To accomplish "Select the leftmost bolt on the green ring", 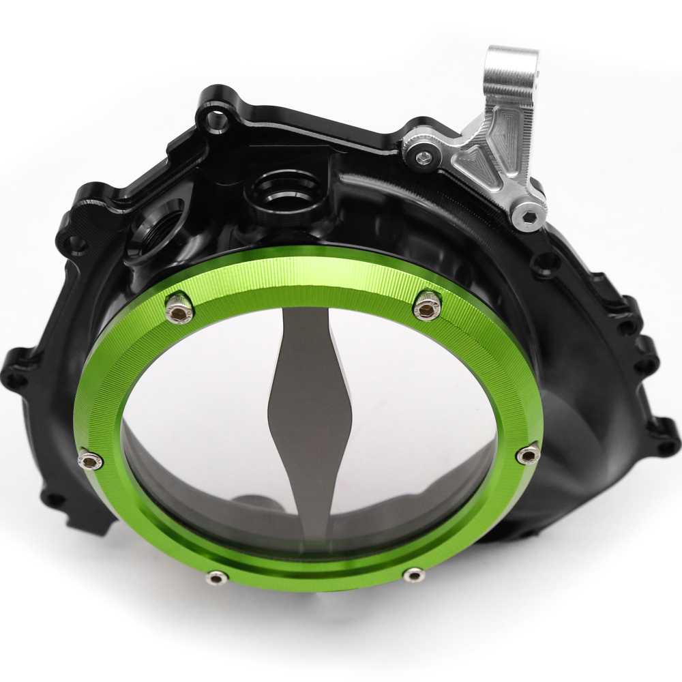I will pyautogui.click(x=90, y=460).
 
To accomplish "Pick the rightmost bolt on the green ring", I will pyautogui.click(x=529, y=454).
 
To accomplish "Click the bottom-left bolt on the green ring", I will pyautogui.click(x=217, y=578).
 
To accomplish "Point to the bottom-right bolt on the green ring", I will pyautogui.click(x=414, y=574).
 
